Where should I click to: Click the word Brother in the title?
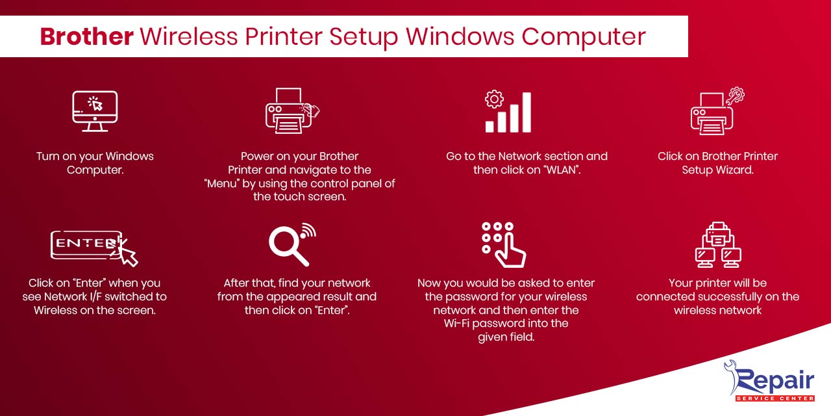coord(87,36)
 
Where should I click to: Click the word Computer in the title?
coord(584,36)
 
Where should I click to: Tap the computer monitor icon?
coord(95,111)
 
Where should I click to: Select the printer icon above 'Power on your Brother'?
coord(289,111)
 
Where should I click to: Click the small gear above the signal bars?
coord(494,99)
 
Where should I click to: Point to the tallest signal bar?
coord(526,112)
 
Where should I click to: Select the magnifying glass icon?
coord(288,245)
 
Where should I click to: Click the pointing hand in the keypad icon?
coord(511,252)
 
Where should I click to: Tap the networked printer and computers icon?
coord(718,245)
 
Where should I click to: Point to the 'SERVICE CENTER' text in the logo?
coord(775,398)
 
